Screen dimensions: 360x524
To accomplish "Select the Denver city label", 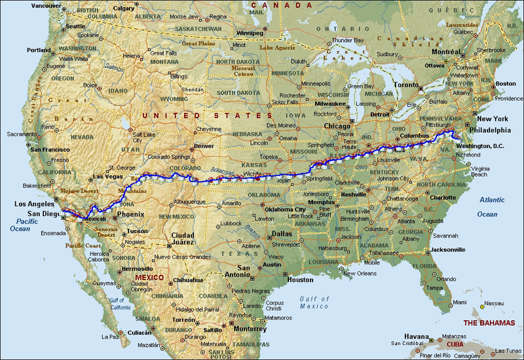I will pos(204,145).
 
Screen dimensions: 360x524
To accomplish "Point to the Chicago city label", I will pos(337,126).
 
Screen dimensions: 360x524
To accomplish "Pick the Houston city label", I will pos(301,279).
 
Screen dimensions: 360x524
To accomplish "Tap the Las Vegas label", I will pos(107,177).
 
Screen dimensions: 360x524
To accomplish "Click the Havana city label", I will pos(416,335).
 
